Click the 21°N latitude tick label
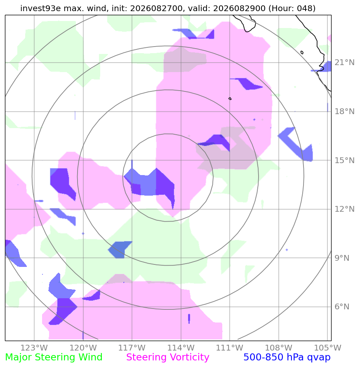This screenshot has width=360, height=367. pos(344,63)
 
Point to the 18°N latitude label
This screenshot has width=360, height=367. pos(344,111)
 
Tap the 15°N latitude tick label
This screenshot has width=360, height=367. pos(344,160)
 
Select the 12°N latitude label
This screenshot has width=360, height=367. pos(344,209)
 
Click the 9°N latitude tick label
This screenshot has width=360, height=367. pos(342,258)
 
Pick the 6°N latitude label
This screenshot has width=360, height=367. pos(342,306)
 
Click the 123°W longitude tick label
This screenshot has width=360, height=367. pos(34,348)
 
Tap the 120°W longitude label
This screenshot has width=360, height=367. pos(83,348)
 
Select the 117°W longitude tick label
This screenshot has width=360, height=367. pos(132,348)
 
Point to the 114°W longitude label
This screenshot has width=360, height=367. pos(181,348)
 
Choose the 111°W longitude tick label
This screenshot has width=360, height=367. pos(230,348)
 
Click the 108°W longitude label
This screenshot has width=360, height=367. pos(279,348)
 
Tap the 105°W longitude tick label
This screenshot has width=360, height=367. pos(327,348)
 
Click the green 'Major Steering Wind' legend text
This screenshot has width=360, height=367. pos(54,358)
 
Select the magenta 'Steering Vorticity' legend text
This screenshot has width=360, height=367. pos(167,358)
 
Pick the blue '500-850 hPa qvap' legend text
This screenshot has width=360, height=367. pos(287,358)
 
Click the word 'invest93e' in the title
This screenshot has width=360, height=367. pos(40,8)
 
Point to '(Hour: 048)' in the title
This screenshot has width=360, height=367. pos(292,8)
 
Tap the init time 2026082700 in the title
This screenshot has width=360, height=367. pos(156,8)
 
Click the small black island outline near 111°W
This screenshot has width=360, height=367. pos(230,98)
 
